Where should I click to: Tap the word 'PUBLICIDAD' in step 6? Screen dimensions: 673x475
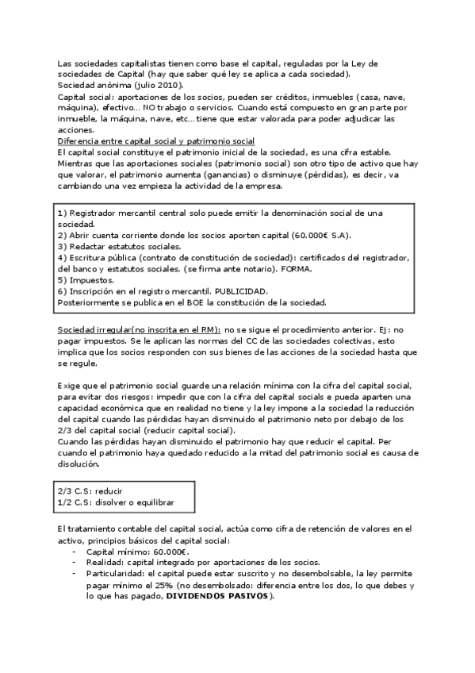(241, 291)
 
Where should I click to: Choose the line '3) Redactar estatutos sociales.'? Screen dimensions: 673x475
(119, 247)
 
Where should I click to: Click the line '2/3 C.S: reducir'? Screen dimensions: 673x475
(90, 491)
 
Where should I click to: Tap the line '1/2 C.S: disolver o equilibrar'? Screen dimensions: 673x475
(115, 503)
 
